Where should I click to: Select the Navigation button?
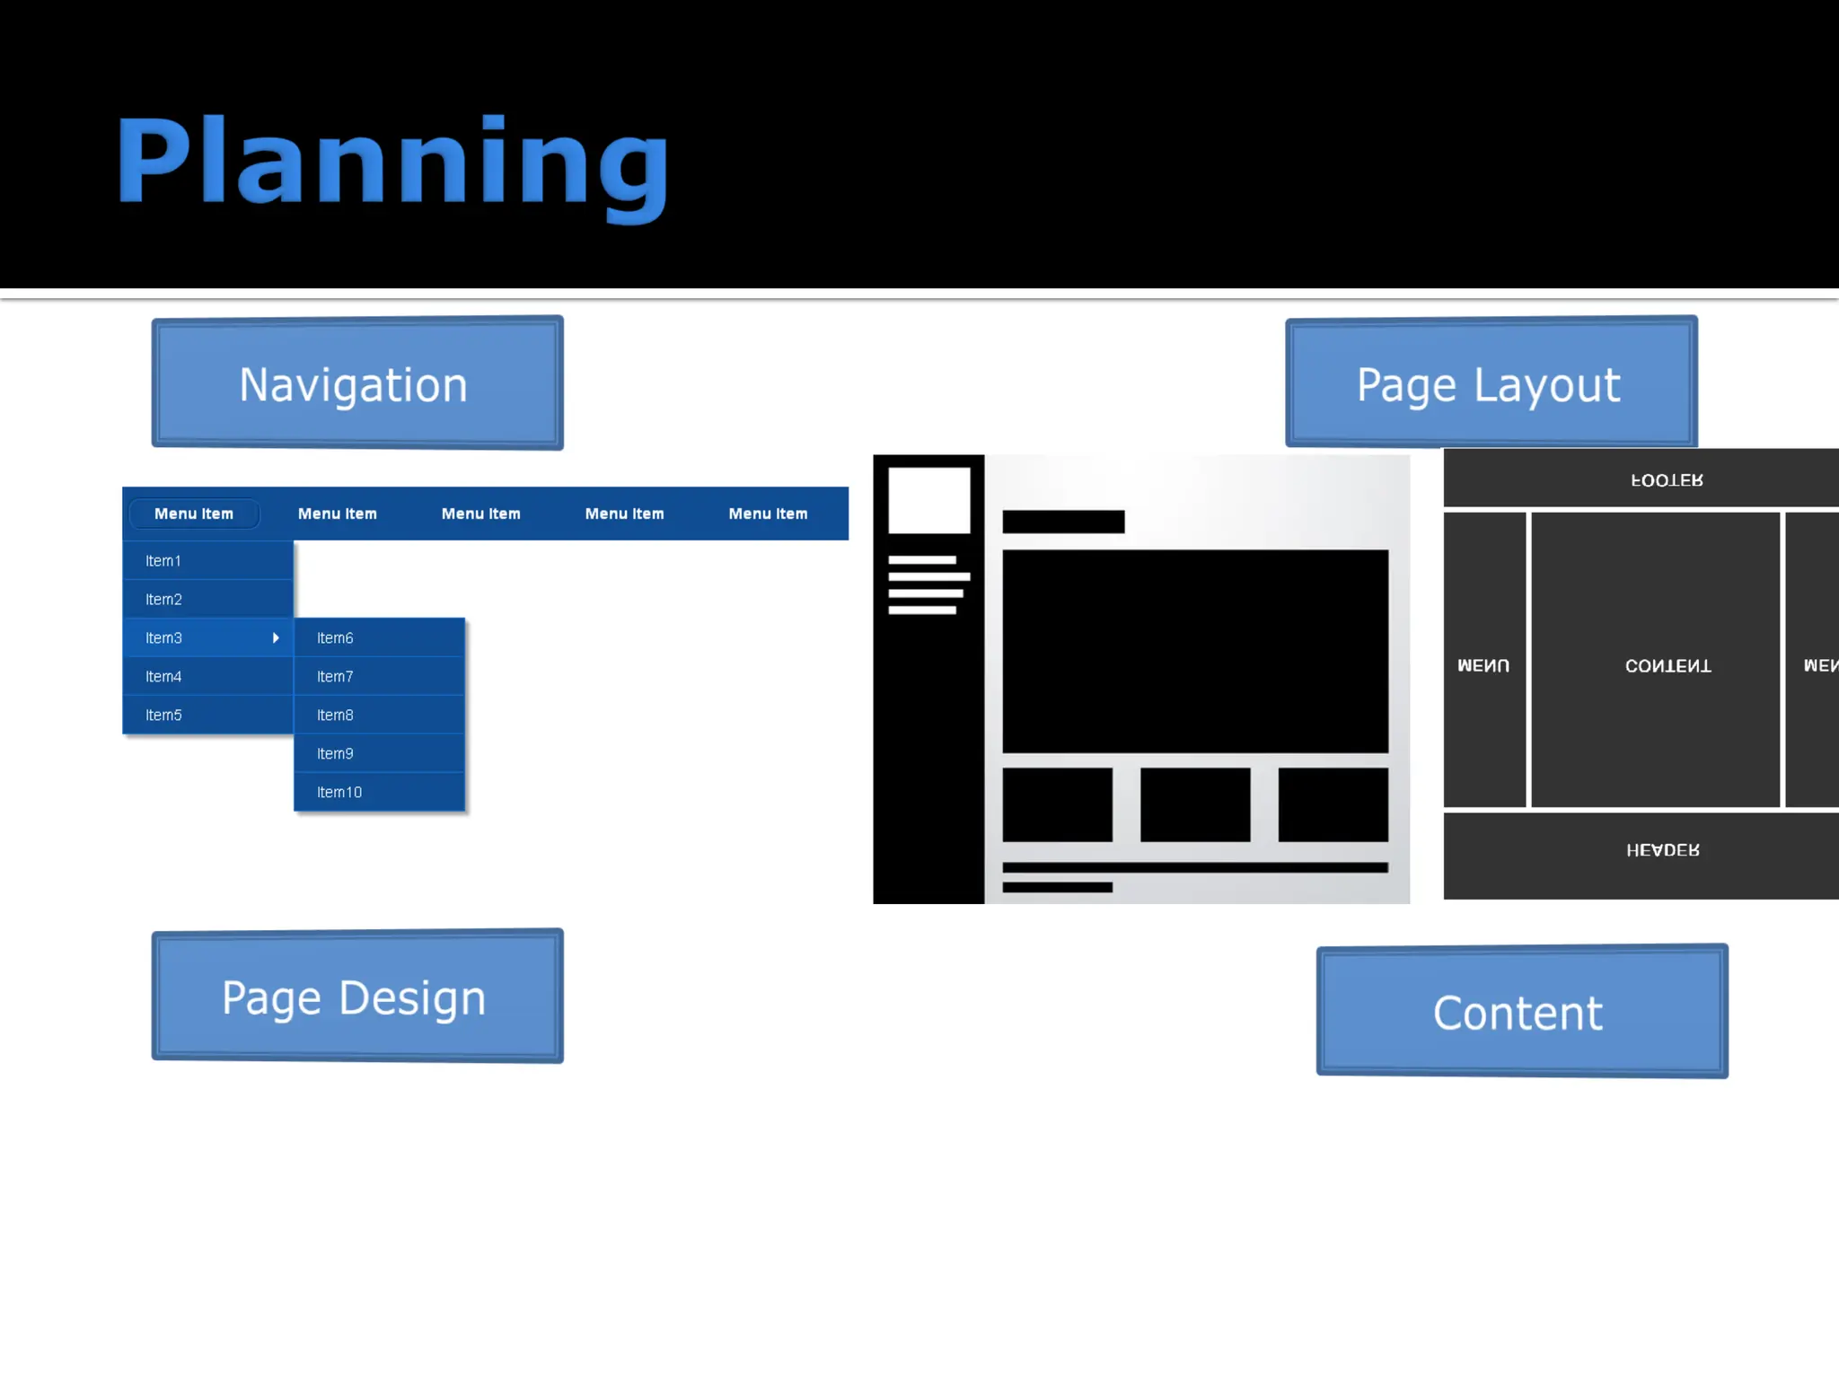pyautogui.click(x=356, y=383)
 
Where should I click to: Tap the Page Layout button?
pyautogui.click(x=1490, y=383)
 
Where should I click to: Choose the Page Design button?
pyautogui.click(x=356, y=997)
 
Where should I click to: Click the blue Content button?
pyautogui.click(x=1521, y=1012)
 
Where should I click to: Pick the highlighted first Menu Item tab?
pyautogui.click(x=194, y=514)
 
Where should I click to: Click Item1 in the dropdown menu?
pyautogui.click(x=163, y=561)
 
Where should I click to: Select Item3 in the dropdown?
pyautogui.click(x=164, y=638)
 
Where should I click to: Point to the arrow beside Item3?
pyautogui.click(x=276, y=638)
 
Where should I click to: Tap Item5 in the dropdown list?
pyautogui.click(x=164, y=716)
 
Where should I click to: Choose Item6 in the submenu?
pyautogui.click(x=335, y=638)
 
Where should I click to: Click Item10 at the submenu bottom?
pyautogui.click(x=339, y=793)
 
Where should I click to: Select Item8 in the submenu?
pyautogui.click(x=335, y=716)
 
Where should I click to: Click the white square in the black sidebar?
pyautogui.click(x=928, y=500)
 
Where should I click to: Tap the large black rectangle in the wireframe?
pyautogui.click(x=1194, y=651)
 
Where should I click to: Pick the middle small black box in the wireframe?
pyautogui.click(x=1194, y=804)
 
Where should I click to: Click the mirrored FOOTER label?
pyautogui.click(x=1667, y=480)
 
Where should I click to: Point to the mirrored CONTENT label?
pyautogui.click(x=1667, y=666)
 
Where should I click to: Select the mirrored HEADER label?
pyautogui.click(x=1662, y=850)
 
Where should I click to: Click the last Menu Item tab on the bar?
pyautogui.click(x=768, y=514)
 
